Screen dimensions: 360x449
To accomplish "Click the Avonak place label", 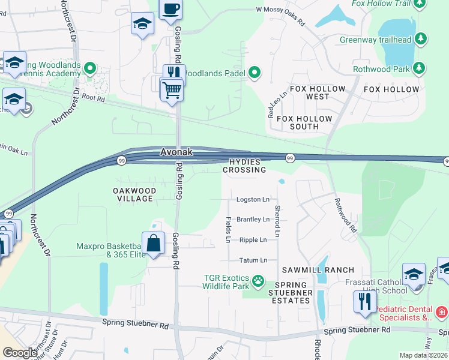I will [x=176, y=152].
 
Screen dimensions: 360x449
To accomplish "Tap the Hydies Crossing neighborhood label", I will [x=244, y=166].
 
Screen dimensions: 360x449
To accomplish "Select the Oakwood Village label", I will [x=134, y=194].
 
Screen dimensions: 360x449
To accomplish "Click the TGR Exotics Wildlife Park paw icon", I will [x=259, y=280].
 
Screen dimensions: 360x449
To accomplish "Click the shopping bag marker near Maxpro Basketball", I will [x=154, y=243].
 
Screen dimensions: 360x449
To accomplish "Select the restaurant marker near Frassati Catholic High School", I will [x=365, y=301].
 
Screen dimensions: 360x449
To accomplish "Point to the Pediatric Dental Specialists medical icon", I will [x=441, y=312].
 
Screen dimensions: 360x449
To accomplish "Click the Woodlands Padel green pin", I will [x=255, y=73].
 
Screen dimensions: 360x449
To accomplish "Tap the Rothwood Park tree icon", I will [x=420, y=69].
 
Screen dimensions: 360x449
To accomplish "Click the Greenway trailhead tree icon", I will [x=421, y=40].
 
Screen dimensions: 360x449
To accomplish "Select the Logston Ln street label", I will [x=253, y=199].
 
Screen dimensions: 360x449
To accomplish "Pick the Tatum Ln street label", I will [x=253, y=260].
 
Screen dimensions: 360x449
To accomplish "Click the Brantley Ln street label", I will [x=253, y=220].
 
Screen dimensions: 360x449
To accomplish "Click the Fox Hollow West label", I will [x=318, y=92].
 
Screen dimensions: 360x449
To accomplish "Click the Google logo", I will [x=19, y=353].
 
